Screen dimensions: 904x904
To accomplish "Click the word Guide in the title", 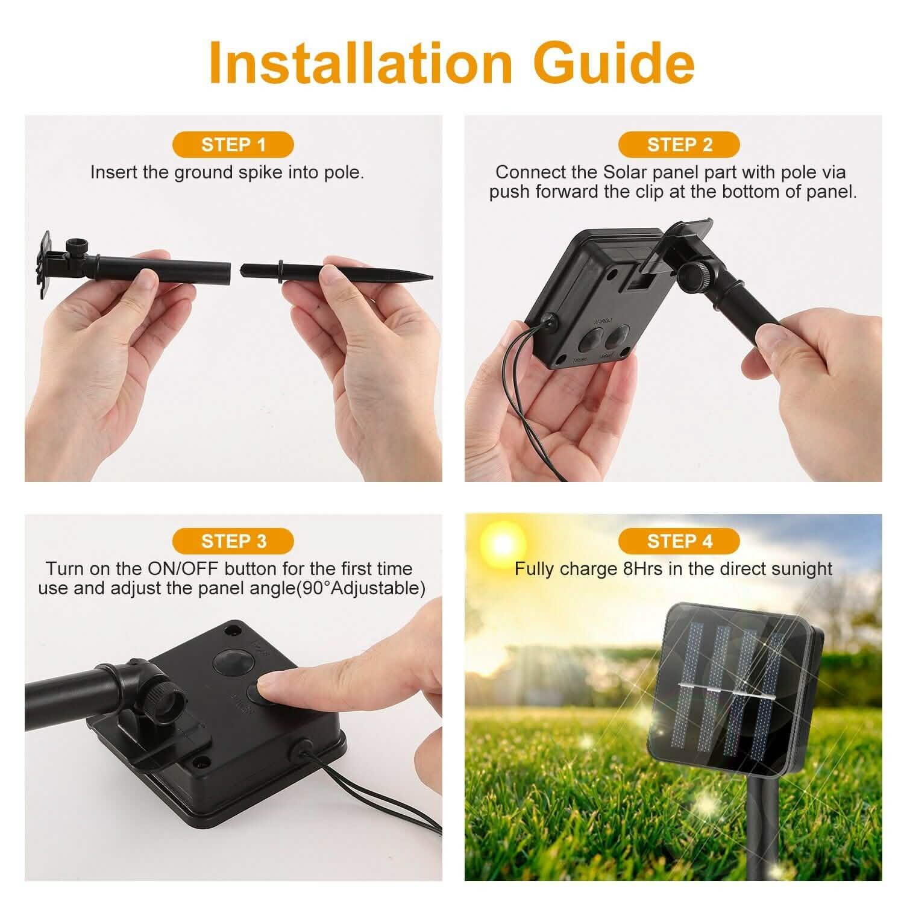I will point(615,62).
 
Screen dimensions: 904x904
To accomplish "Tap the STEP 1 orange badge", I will point(233,145).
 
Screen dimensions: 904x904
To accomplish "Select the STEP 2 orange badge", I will point(679,145).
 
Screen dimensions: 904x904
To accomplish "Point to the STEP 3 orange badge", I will point(233,541).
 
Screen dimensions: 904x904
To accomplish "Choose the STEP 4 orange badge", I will point(679,541).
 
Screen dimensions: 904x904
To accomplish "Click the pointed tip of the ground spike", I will point(429,277).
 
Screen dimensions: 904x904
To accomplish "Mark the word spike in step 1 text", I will point(260,172).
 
